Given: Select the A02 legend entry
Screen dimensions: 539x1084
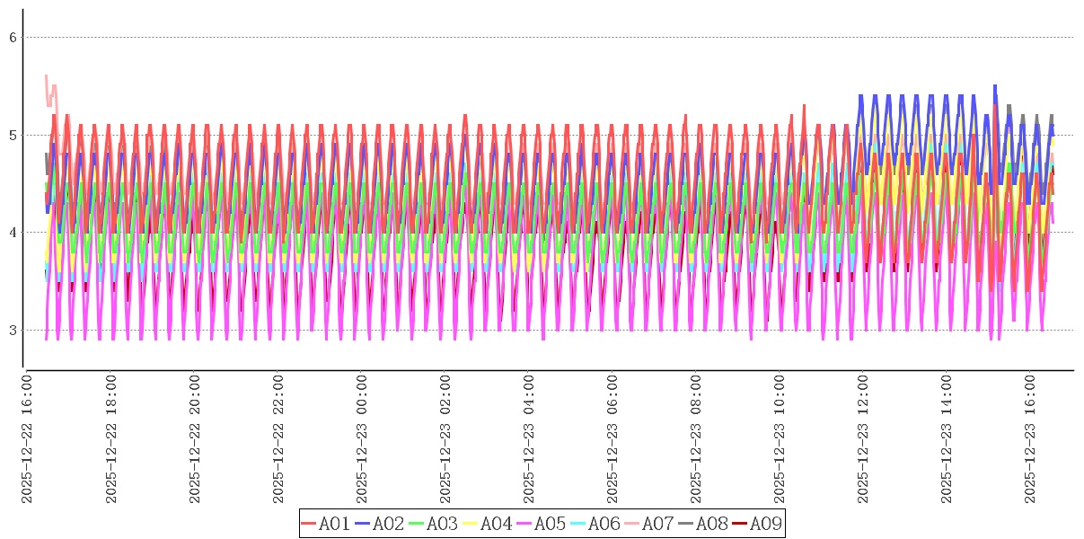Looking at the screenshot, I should tap(388, 524).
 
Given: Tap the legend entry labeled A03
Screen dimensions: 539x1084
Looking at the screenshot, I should tap(442, 524).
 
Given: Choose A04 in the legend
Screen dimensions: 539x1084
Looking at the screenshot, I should tap(496, 524).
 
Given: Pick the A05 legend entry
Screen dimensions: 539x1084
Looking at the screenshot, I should tap(550, 524).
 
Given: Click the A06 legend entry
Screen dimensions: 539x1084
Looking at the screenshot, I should tap(604, 524).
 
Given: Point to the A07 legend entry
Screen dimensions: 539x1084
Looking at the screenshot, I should tap(657, 524).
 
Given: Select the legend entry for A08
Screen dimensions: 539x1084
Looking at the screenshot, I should tap(711, 524).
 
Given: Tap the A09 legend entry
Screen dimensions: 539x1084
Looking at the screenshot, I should tap(765, 524).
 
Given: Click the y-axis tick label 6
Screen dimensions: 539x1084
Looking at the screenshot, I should tap(13, 38).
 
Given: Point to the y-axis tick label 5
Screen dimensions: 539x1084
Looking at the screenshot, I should tap(13, 136).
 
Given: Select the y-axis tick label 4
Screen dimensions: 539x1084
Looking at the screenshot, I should tap(13, 233).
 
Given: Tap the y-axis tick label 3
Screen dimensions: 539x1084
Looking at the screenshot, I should tap(13, 331).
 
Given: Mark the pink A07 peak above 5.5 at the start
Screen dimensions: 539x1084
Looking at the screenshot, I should tap(46, 76).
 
